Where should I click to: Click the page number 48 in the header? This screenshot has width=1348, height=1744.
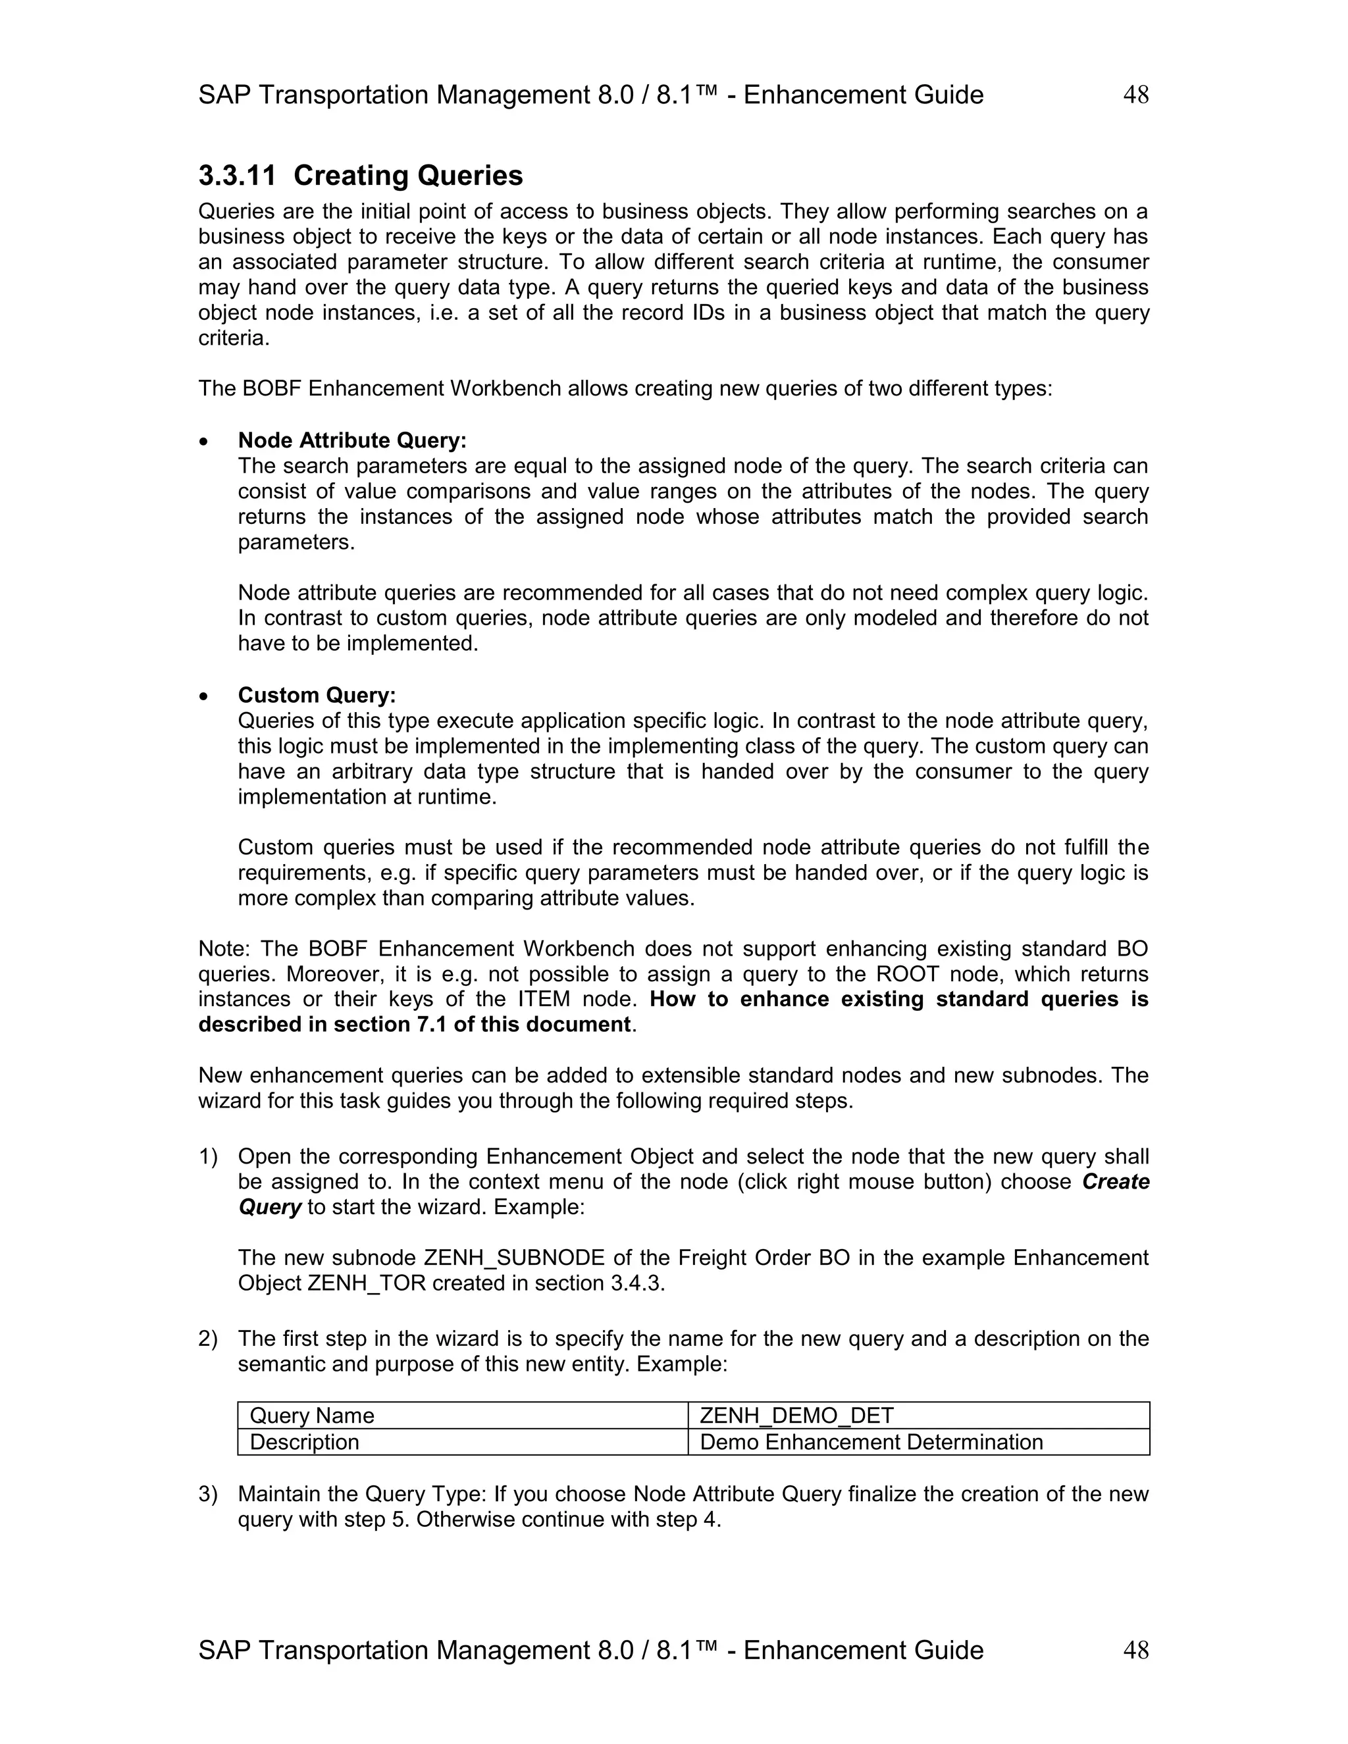click(1135, 95)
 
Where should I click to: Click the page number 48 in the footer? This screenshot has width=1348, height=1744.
click(1135, 1650)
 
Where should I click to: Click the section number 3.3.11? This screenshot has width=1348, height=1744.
click(237, 176)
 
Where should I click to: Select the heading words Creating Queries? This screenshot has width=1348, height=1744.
click(408, 176)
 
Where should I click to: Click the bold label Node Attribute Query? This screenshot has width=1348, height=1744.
click(352, 440)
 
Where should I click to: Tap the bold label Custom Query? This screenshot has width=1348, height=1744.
click(317, 695)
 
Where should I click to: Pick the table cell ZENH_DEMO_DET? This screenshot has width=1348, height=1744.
click(796, 1416)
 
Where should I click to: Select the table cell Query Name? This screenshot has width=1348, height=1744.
click(311, 1416)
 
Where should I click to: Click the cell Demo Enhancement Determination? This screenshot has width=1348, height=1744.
click(871, 1442)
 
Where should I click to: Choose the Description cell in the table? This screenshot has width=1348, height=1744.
click(304, 1442)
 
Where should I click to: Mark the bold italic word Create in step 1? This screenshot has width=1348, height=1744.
click(1116, 1182)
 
